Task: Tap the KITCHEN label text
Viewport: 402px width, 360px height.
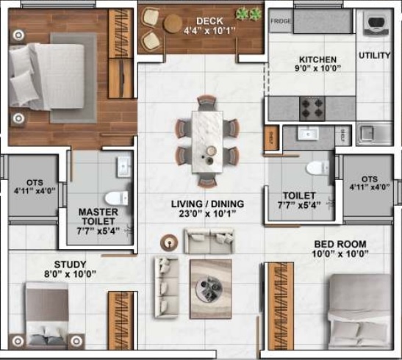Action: point(317,60)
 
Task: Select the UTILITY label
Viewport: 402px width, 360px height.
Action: point(374,55)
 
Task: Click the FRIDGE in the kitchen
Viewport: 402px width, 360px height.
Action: point(279,22)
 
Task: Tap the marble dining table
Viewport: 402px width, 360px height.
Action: point(207,139)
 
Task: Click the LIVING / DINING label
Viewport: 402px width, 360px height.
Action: point(208,204)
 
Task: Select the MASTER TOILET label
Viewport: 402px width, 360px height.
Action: point(98,217)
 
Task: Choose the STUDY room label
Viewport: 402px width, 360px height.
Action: point(71,264)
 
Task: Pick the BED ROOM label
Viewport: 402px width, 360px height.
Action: point(341,244)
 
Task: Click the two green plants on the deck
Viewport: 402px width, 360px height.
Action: point(250,14)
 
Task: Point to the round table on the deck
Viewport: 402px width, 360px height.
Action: point(173,24)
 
